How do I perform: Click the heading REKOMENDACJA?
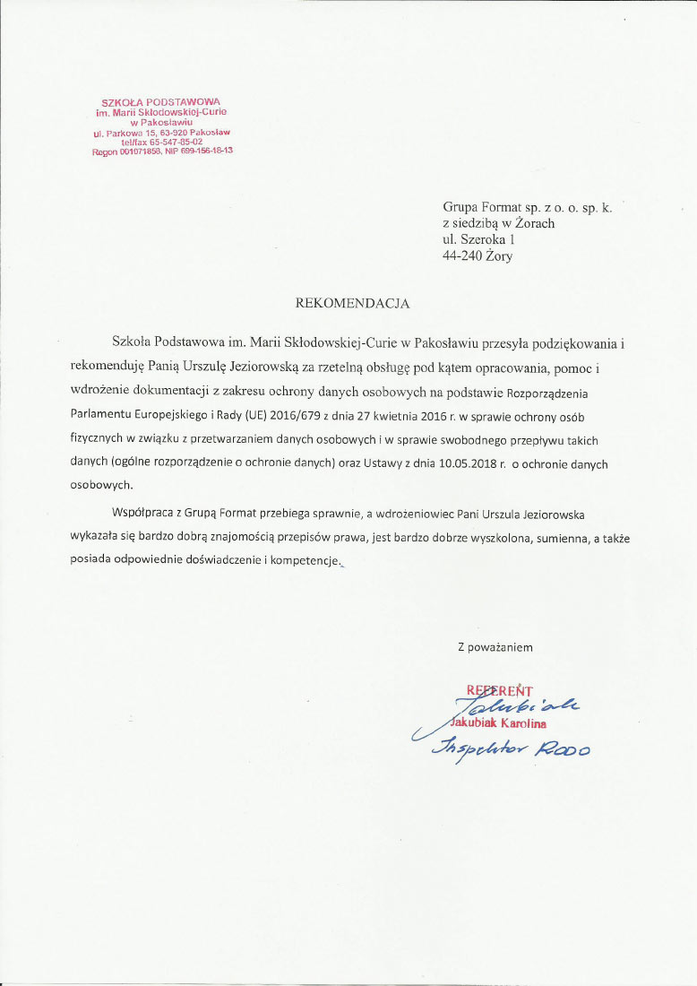point(352,303)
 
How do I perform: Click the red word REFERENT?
point(499,690)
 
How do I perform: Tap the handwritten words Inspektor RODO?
point(512,748)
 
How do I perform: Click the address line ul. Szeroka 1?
point(479,240)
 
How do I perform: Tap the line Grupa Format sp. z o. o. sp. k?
point(528,207)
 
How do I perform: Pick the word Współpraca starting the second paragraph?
point(145,514)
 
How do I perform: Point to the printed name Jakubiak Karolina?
point(500,722)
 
